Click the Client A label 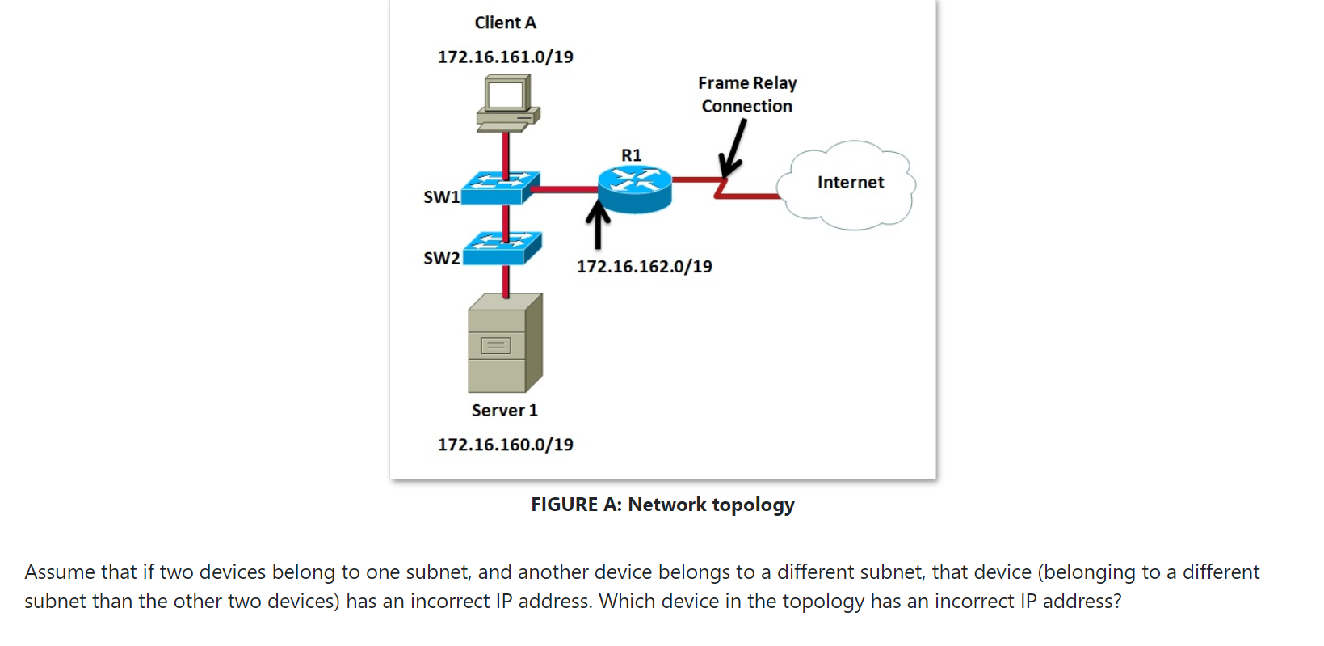pos(505,23)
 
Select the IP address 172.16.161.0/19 pos(505,57)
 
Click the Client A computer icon pos(507,103)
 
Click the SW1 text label pos(441,196)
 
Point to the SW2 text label pos(441,258)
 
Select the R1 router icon pos(635,189)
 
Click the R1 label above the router pos(631,154)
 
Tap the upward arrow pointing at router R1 pos(598,226)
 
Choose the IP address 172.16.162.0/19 pos(644,267)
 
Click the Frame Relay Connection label pos(747,95)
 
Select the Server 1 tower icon pos(505,343)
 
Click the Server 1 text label pos(504,411)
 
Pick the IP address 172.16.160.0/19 pos(505,445)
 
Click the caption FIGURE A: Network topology pos(662,505)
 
